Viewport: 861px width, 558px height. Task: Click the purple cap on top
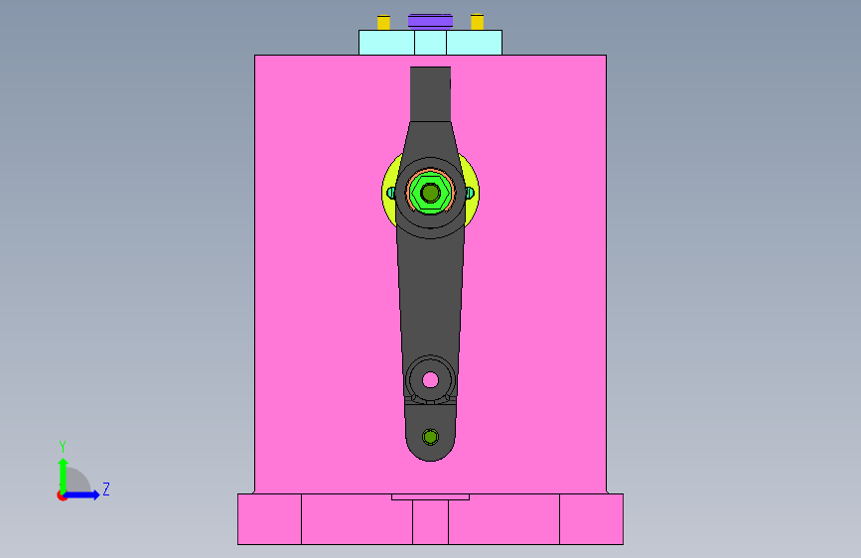click(x=430, y=21)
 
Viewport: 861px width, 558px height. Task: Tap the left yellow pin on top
click(x=383, y=22)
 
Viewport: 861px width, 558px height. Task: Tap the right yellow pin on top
click(x=477, y=22)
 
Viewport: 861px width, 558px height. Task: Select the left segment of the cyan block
click(x=386, y=43)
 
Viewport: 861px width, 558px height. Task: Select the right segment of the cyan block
click(x=474, y=43)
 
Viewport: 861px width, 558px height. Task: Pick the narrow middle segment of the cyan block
click(x=430, y=43)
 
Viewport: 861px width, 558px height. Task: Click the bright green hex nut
click(x=430, y=193)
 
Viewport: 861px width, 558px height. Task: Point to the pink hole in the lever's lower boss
click(x=430, y=379)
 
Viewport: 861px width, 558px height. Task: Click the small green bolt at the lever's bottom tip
click(x=430, y=436)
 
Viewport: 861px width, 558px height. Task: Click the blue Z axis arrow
click(x=85, y=494)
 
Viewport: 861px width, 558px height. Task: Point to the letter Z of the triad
click(x=106, y=488)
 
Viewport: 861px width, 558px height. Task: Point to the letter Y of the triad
click(x=63, y=446)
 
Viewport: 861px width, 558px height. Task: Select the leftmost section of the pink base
click(x=269, y=519)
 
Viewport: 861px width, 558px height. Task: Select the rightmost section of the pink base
click(x=592, y=519)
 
